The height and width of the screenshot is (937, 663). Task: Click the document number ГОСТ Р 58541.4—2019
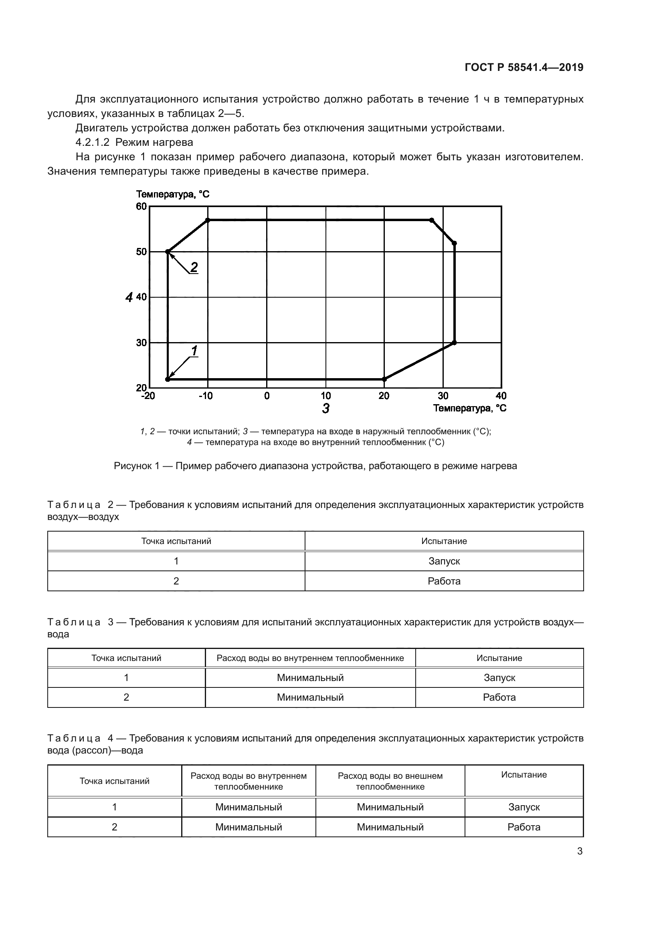pyautogui.click(x=524, y=67)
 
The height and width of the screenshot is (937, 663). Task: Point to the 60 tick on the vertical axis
pyautogui.click(x=141, y=206)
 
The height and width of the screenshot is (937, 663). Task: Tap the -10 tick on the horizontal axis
pyautogui.click(x=206, y=396)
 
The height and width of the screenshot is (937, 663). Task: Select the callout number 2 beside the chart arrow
pyautogui.click(x=194, y=267)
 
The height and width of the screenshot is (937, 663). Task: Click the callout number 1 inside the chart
pyautogui.click(x=195, y=350)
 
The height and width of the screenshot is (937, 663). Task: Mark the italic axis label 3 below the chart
pyautogui.click(x=325, y=408)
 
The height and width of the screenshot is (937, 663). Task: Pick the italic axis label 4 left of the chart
pyautogui.click(x=129, y=297)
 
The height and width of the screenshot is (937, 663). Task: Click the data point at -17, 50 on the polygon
pyautogui.click(x=168, y=252)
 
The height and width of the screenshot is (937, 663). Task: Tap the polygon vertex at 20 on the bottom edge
pyautogui.click(x=384, y=379)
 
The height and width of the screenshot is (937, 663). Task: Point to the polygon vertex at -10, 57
pyautogui.click(x=208, y=220)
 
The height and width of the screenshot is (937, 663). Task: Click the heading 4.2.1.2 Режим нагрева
pyautogui.click(x=134, y=143)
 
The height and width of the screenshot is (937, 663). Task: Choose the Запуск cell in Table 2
pyautogui.click(x=444, y=561)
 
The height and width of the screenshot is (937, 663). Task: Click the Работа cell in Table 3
pyautogui.click(x=499, y=697)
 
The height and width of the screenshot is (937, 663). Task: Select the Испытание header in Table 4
pyautogui.click(x=524, y=775)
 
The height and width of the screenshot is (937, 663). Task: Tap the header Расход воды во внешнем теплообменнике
pyautogui.click(x=390, y=781)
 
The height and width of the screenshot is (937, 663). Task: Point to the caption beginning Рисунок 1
pyautogui.click(x=315, y=466)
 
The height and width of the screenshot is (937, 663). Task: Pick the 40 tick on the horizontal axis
pyautogui.click(x=501, y=396)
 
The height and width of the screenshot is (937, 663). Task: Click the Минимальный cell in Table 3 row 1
pyautogui.click(x=310, y=678)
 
